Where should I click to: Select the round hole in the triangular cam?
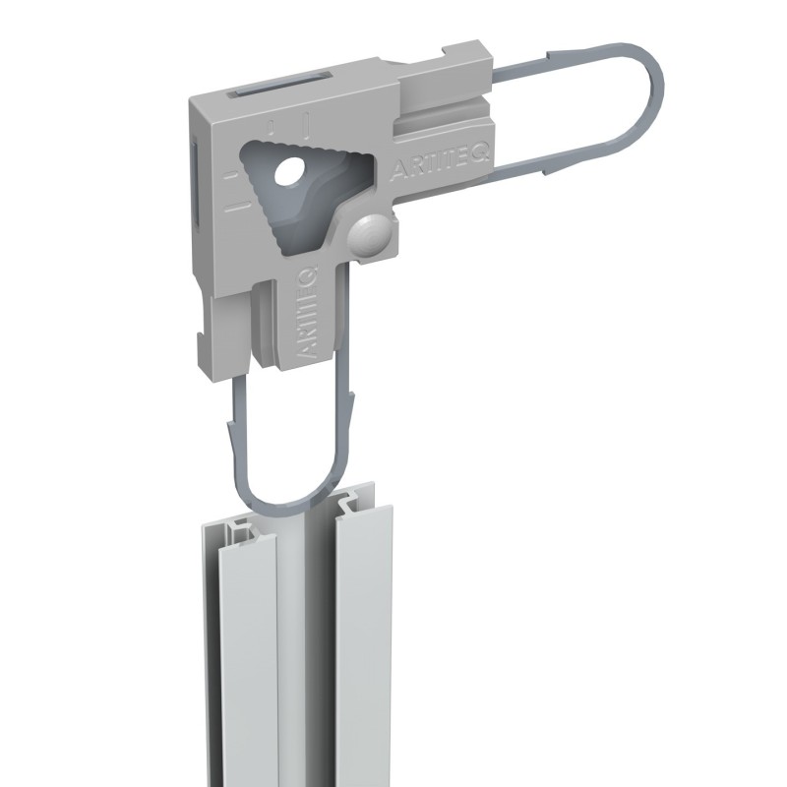292,175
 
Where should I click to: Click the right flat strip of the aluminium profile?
366,639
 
